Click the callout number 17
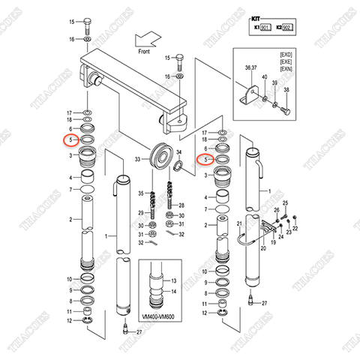coord(70,112)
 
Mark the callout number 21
coord(238,224)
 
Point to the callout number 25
coord(284,205)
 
